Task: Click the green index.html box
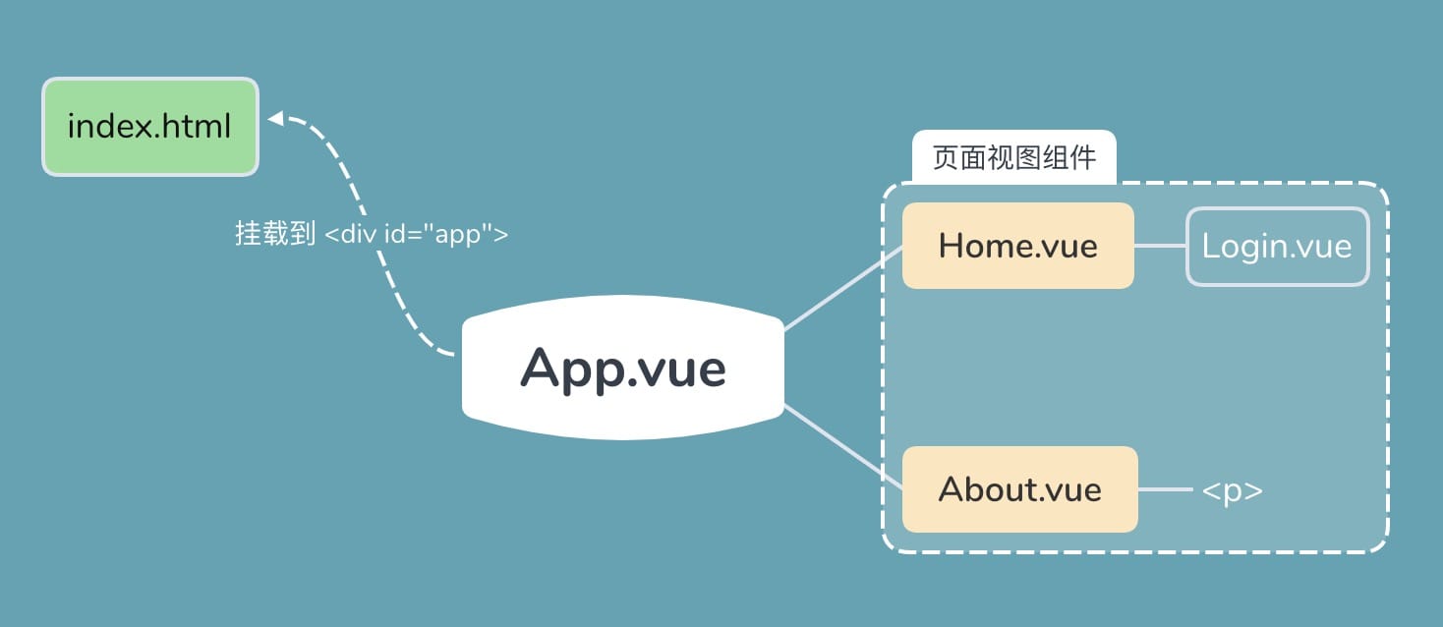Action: click(149, 127)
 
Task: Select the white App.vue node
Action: click(623, 368)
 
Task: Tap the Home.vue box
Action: click(1017, 246)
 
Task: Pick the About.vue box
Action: click(1019, 489)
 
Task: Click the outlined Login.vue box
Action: click(1277, 247)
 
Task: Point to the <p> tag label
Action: click(1232, 490)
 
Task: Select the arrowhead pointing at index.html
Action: click(276, 119)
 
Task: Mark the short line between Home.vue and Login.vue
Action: click(1160, 247)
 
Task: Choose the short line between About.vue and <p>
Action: click(1165, 489)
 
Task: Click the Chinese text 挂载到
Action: click(274, 234)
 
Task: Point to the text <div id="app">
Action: click(416, 235)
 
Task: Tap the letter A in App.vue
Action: click(543, 368)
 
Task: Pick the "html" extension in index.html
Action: click(200, 127)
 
